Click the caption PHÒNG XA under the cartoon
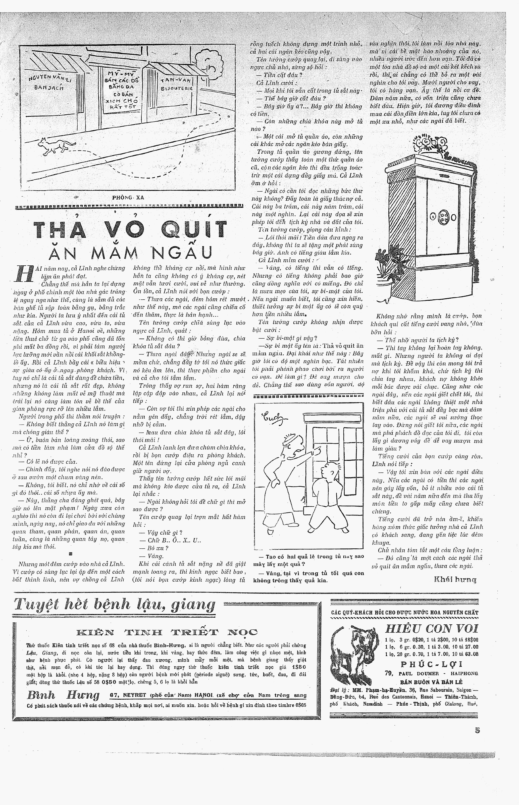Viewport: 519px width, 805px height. (x=128, y=198)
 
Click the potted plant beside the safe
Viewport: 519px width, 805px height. (x=386, y=270)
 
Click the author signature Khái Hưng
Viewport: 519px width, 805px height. (x=455, y=580)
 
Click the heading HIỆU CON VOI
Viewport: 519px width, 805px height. (x=431, y=629)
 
